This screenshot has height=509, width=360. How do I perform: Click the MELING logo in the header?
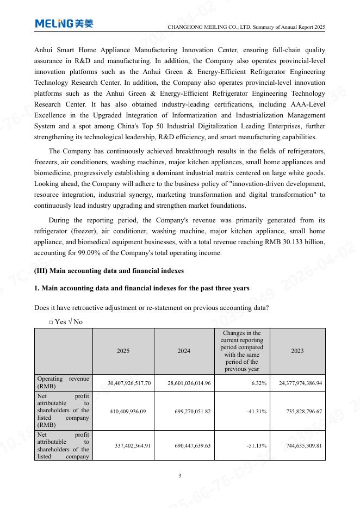[64, 23]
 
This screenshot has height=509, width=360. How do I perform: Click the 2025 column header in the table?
[123, 351]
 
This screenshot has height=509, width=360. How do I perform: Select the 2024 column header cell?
[184, 351]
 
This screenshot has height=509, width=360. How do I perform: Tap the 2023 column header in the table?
[297, 351]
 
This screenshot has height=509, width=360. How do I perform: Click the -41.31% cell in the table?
[256, 412]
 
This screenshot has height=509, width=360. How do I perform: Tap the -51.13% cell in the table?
[256, 446]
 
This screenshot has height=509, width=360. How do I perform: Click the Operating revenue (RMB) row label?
[63, 382]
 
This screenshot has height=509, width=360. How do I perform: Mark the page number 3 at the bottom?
[180, 476]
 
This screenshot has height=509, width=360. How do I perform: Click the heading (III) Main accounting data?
[109, 271]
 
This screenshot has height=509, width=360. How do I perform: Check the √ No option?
[75, 322]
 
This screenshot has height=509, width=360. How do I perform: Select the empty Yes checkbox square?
[51, 322]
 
